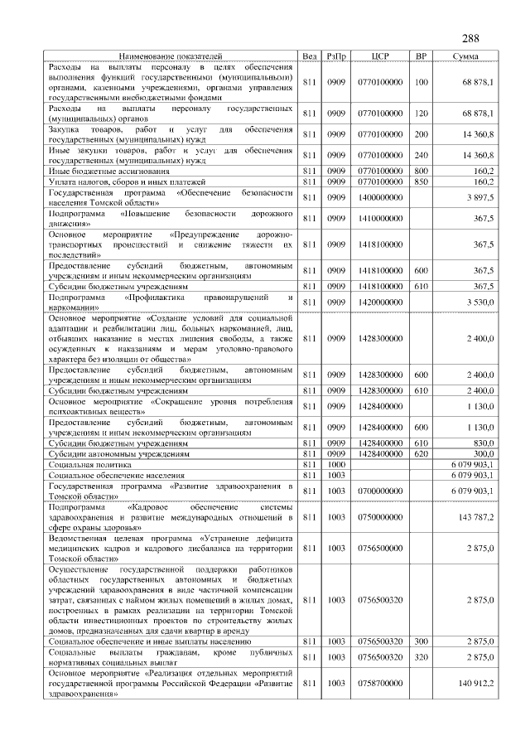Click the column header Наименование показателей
click(171, 56)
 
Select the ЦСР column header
click(380, 56)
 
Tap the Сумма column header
click(469, 56)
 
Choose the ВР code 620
click(421, 454)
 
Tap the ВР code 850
click(421, 181)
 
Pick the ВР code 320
click(421, 656)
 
